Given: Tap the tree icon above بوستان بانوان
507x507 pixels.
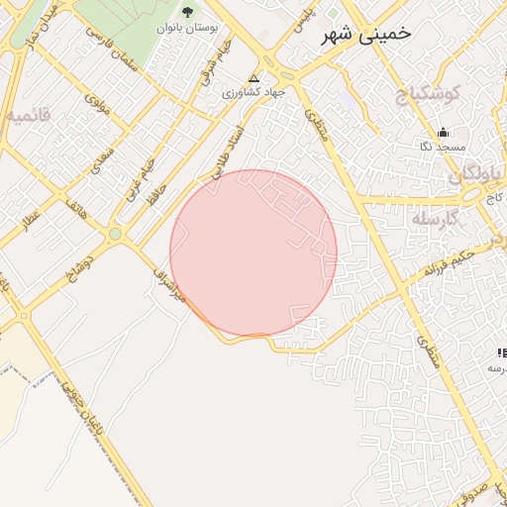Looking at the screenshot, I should click(188, 12).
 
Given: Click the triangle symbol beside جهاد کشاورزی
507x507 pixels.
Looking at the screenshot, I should click(254, 77).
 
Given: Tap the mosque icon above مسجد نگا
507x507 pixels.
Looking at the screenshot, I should click(443, 133).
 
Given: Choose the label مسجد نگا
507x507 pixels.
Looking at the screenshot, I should click(442, 147).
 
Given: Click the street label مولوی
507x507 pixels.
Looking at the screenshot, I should click(96, 102).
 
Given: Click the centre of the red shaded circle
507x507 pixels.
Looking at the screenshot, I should click(253, 253).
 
